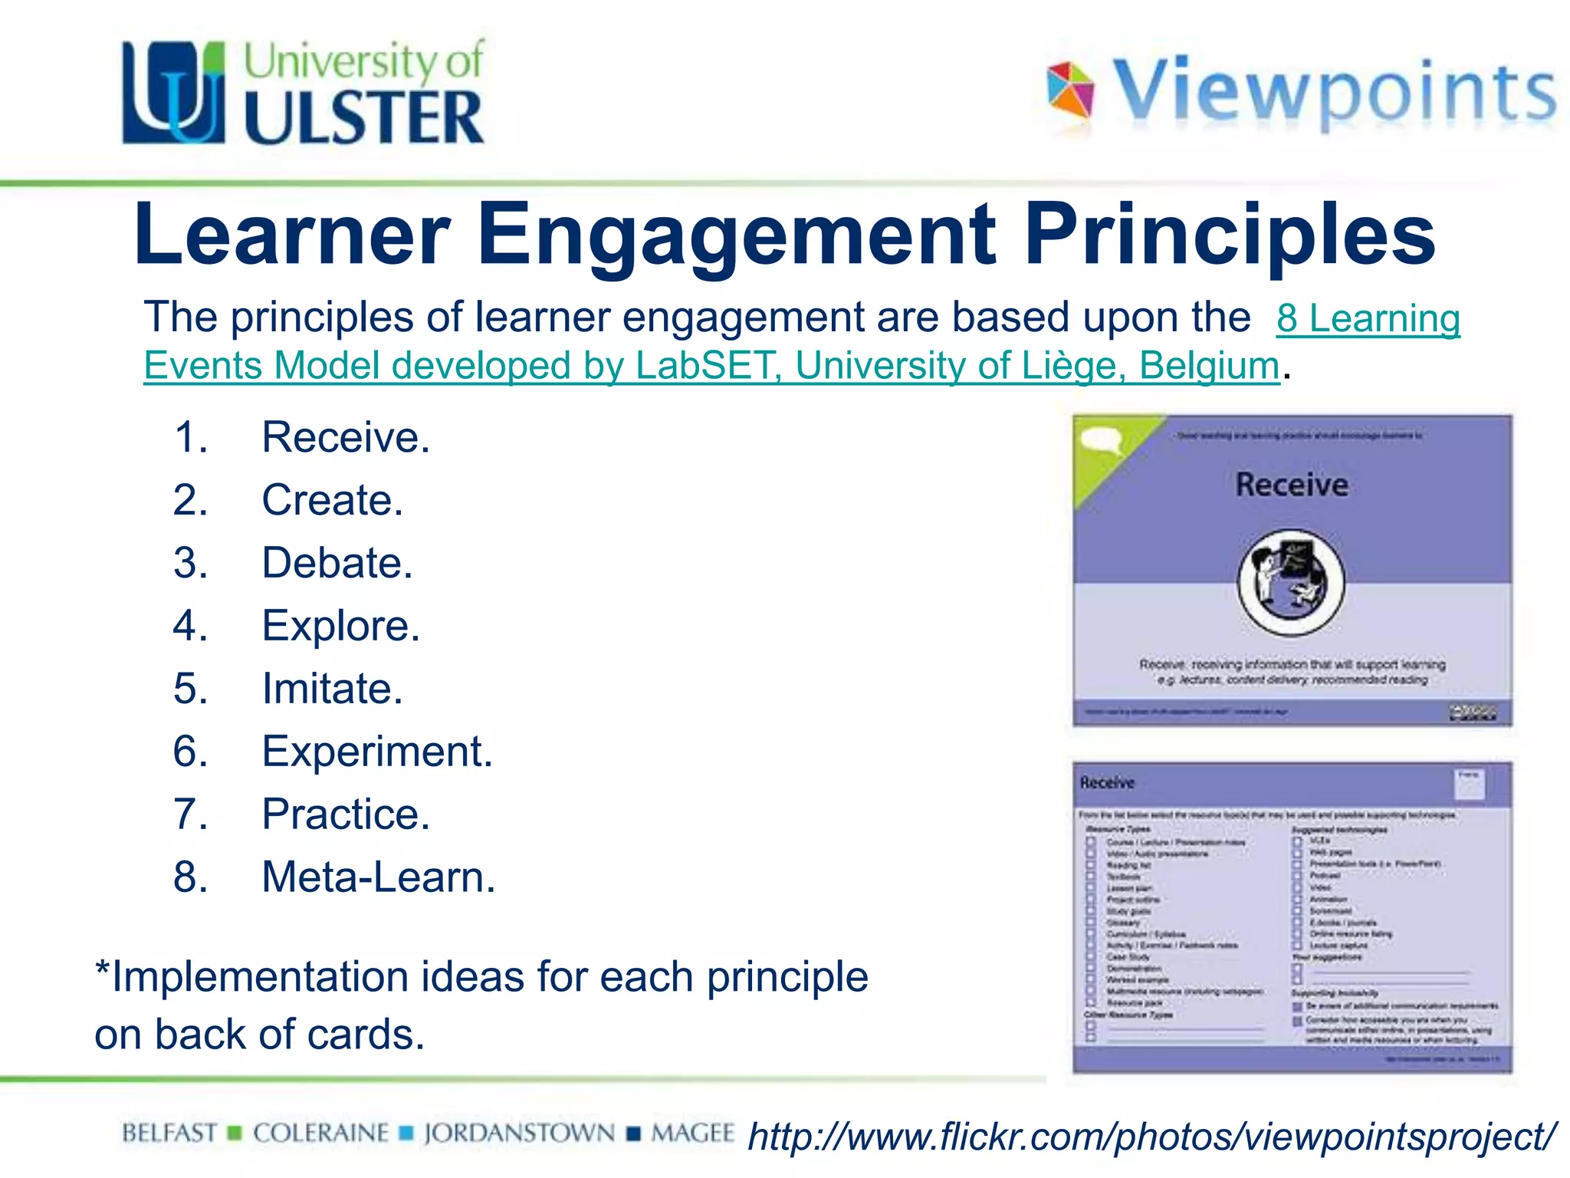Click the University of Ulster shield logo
pyautogui.click(x=174, y=93)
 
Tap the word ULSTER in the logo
pyautogui.click(x=364, y=117)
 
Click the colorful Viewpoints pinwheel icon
pyautogui.click(x=1070, y=90)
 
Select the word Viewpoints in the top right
pyautogui.click(x=1334, y=91)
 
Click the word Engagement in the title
pyautogui.click(x=737, y=234)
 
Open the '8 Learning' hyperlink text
pyautogui.click(x=1368, y=318)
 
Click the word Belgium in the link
pyautogui.click(x=1209, y=366)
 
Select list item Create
pyautogui.click(x=332, y=500)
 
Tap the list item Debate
pyautogui.click(x=337, y=563)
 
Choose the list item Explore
pyautogui.click(x=340, y=626)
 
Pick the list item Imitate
pyautogui.click(x=332, y=689)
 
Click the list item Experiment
pyautogui.click(x=376, y=752)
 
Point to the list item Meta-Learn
pyautogui.click(x=378, y=877)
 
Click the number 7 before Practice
pyautogui.click(x=190, y=814)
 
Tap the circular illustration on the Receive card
pyautogui.click(x=1291, y=582)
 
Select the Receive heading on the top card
pyautogui.click(x=1292, y=485)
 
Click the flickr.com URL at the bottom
pyautogui.click(x=1151, y=1137)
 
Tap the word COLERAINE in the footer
pyautogui.click(x=320, y=1134)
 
